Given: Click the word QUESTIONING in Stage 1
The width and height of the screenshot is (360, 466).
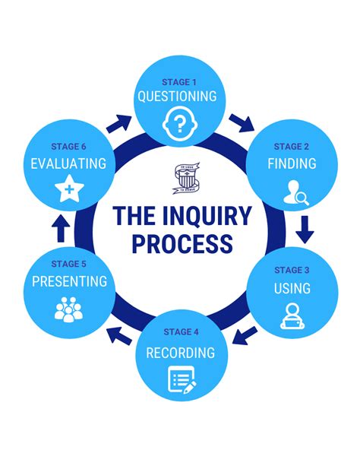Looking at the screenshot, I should pos(177,97).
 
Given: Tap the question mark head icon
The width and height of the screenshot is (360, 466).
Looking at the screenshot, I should pos(179,122).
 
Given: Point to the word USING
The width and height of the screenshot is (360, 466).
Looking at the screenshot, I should pos(292,288).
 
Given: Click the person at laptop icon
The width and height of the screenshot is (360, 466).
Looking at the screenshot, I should pos(292,316).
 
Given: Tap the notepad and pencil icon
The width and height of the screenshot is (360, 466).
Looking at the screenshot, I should pos(182,380).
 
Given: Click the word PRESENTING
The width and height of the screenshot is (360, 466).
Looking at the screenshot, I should pos(69,281).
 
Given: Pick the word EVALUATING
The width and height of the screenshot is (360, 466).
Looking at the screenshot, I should pos(69,163).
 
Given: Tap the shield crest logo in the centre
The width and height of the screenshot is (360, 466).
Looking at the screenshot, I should pos(182,179).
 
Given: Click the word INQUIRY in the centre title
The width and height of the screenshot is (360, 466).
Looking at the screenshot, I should pos(207,216).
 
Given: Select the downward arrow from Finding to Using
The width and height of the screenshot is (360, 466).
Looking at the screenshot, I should pos(305,227).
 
